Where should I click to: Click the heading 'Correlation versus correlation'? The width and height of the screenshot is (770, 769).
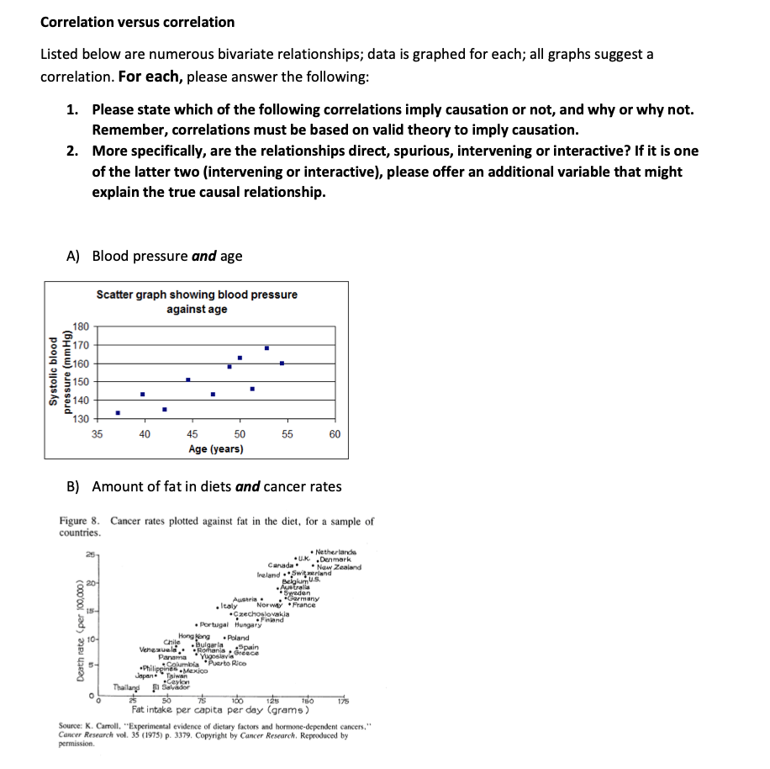tap(138, 22)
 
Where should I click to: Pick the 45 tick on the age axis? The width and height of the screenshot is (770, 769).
tap(192, 434)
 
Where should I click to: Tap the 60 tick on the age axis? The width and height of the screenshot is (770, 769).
tap(335, 434)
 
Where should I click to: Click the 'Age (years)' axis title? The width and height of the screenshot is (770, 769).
tap(216, 448)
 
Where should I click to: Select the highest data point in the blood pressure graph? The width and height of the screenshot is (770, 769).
tap(266, 347)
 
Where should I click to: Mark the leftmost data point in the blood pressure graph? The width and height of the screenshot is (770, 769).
tap(118, 412)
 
